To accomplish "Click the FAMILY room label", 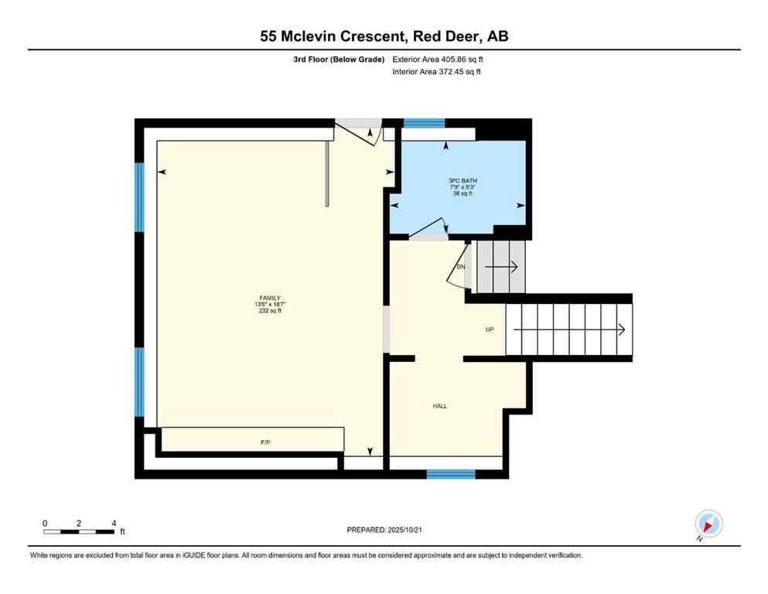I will [269, 298].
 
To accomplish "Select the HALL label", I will [439, 406].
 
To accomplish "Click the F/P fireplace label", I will [265, 442].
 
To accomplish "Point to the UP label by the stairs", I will [489, 329].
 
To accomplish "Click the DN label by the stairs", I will [461, 267].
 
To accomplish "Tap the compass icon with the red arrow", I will [708, 524].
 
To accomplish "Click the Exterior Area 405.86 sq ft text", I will [439, 59].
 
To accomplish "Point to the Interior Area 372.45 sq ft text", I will [438, 72].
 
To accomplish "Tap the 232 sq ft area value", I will [269, 311].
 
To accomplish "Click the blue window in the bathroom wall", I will [424, 122].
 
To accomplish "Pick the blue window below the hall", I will [451, 473].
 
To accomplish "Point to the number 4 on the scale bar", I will [114, 524].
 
